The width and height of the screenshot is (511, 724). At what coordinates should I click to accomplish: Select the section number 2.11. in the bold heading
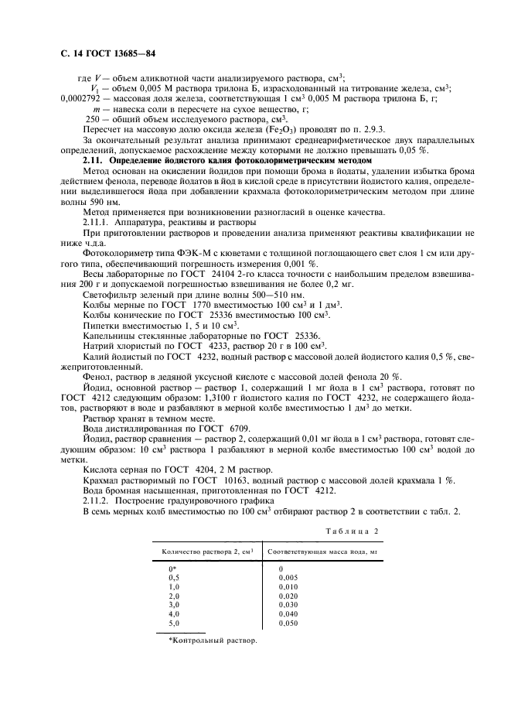pos(95,159)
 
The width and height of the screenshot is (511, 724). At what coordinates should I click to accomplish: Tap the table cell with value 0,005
pos(287,577)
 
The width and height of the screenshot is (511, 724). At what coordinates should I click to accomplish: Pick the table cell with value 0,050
pos(287,623)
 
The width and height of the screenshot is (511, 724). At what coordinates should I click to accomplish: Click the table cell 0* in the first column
pos(172,569)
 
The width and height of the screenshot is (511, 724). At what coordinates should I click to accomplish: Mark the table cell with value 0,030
pos(287,604)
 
